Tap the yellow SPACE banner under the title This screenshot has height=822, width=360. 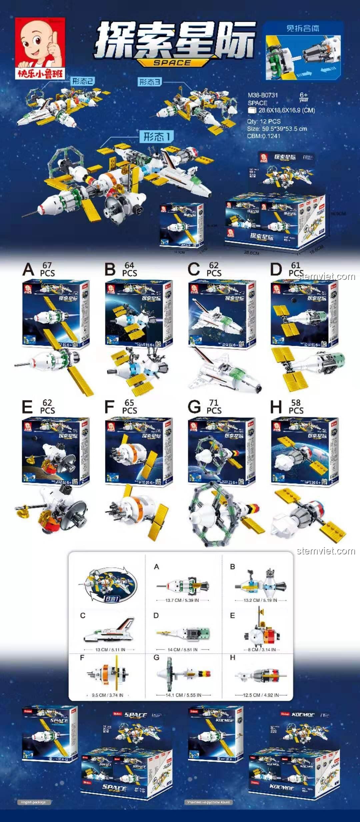172,63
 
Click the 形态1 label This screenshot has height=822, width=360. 157,136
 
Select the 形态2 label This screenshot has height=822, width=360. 83,81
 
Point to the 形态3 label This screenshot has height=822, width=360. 150,82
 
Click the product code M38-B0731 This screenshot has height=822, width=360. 263,95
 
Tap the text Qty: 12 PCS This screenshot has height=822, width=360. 264,121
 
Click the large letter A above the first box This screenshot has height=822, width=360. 28,269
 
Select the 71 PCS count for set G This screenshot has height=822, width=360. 214,407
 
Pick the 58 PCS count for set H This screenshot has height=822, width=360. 296,407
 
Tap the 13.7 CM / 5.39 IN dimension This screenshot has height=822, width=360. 182,600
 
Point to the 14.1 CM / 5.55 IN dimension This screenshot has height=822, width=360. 183,695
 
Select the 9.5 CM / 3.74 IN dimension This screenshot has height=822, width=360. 107,695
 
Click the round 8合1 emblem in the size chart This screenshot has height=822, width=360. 110,585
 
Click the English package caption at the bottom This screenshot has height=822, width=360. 33,802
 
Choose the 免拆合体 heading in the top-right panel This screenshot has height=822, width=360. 303,28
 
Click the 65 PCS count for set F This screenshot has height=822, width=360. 129,407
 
